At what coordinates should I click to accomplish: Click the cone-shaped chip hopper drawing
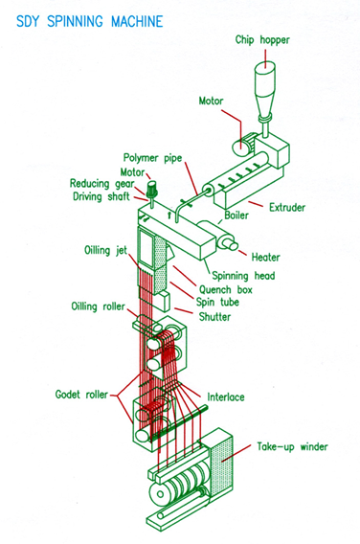(263, 80)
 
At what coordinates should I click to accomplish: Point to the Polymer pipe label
(153, 157)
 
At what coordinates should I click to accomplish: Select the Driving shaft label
(104, 195)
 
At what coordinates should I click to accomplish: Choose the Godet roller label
(81, 394)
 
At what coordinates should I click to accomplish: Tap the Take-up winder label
(291, 446)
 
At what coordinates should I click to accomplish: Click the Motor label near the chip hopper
(212, 100)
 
